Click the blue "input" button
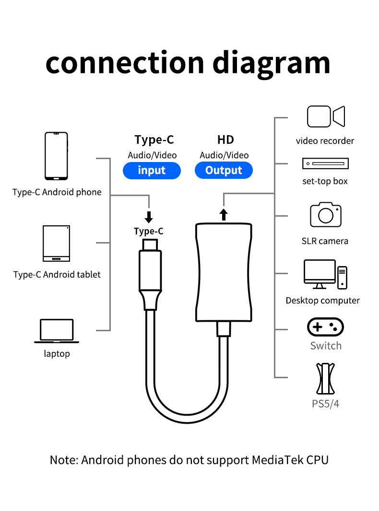pyautogui.click(x=152, y=171)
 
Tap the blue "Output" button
pyautogui.click(x=224, y=171)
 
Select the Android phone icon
pyautogui.click(x=57, y=156)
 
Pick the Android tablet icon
pyautogui.click(x=57, y=243)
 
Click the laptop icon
pyautogui.click(x=57, y=331)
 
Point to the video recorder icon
pyautogui.click(x=326, y=117)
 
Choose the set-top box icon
pyautogui.click(x=325, y=164)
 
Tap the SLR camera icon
pyautogui.click(x=325, y=215)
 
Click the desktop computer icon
pyautogui.click(x=325, y=274)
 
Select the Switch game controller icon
pyautogui.click(x=325, y=327)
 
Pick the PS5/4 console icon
pyautogui.click(x=325, y=379)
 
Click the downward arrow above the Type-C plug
pyautogui.click(x=149, y=217)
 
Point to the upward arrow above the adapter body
pyautogui.click(x=224, y=213)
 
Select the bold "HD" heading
pyautogui.click(x=225, y=140)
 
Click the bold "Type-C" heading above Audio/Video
pyautogui.click(x=154, y=140)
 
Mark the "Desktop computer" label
pyautogui.click(x=322, y=301)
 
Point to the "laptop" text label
pyautogui.click(x=57, y=354)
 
